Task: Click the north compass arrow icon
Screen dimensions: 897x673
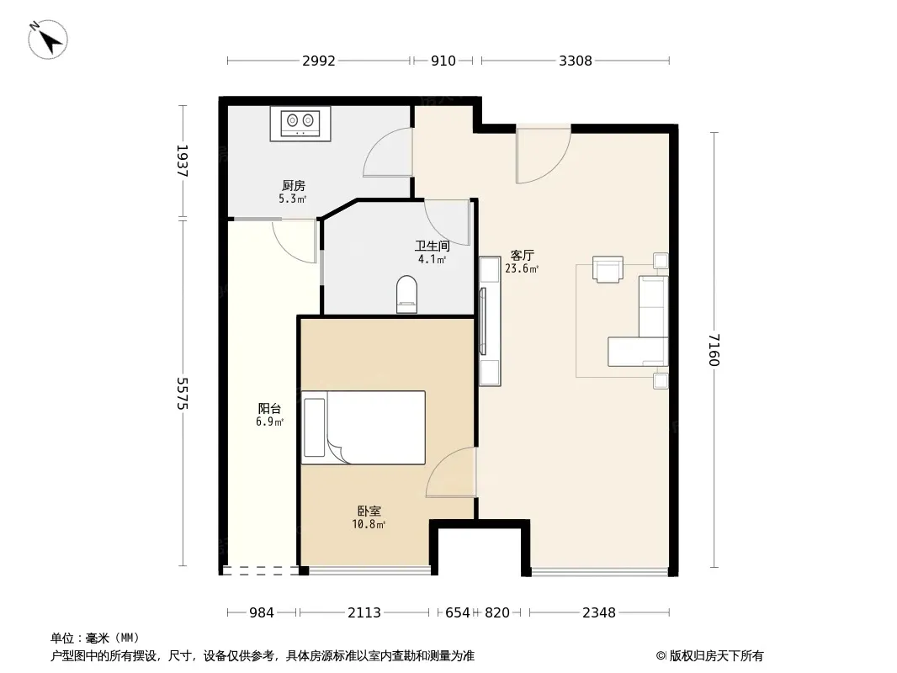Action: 48,40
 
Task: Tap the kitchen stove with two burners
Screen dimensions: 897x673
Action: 300,124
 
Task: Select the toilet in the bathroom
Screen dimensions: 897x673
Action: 406,294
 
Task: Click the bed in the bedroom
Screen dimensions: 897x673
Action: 364,427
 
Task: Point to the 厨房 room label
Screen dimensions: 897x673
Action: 294,185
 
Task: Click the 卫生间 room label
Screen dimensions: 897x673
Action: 432,246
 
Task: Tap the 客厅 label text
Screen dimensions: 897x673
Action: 523,255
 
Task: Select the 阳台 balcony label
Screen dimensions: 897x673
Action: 269,408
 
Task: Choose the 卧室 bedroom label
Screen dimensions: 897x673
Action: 369,511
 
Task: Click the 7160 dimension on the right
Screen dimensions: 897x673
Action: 714,350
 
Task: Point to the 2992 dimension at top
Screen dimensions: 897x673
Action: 319,61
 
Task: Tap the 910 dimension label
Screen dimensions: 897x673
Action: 443,61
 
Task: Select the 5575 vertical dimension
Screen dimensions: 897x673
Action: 183,393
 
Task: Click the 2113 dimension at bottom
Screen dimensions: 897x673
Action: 364,612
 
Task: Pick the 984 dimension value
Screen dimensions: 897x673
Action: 262,612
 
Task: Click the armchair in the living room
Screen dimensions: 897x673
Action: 608,268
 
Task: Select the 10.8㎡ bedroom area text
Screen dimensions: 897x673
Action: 369,524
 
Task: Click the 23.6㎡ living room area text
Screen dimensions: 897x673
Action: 522,268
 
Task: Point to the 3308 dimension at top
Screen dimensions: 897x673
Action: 576,61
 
